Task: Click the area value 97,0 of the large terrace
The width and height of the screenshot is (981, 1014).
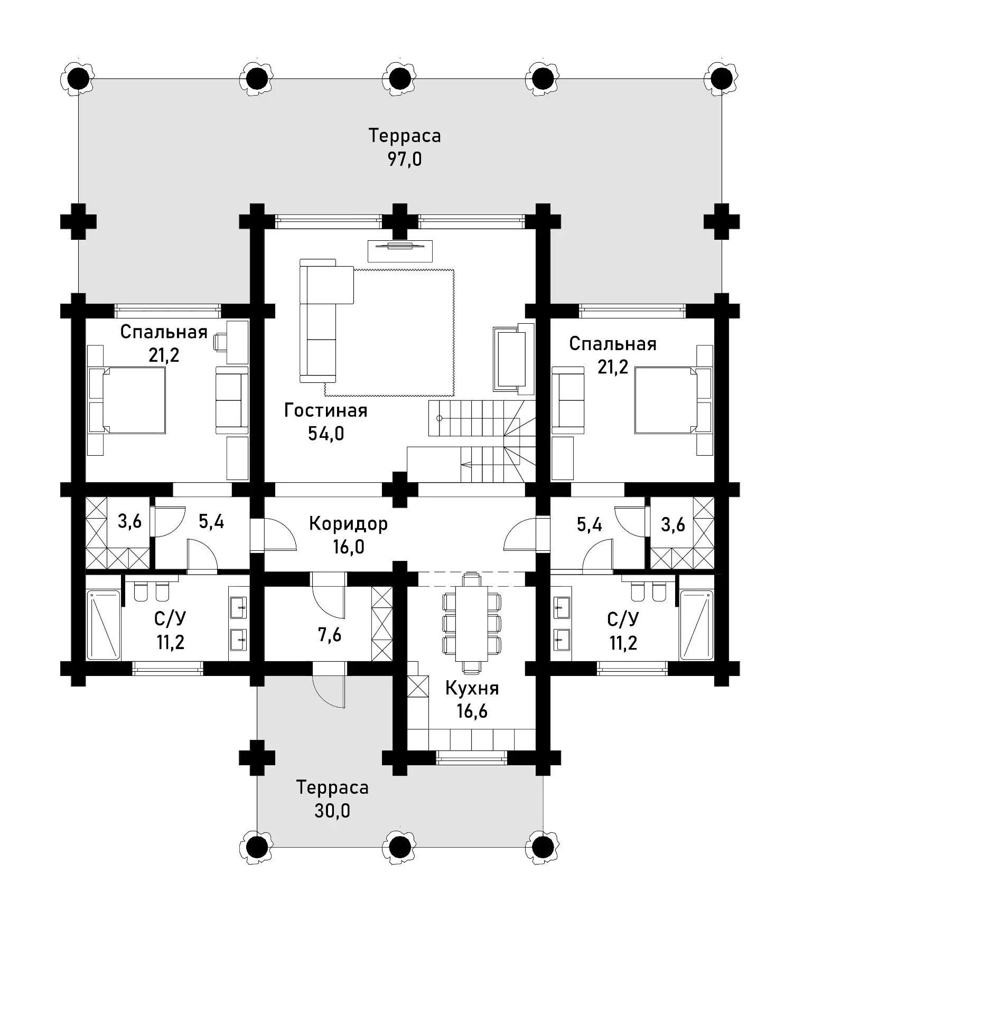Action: point(405,159)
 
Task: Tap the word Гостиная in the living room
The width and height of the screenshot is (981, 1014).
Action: point(325,410)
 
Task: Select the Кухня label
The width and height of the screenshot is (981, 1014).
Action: point(472,688)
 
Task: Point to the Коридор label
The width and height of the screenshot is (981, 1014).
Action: point(348,523)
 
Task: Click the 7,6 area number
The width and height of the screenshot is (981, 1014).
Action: point(329,635)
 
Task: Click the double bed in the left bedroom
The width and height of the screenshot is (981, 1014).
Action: point(127,400)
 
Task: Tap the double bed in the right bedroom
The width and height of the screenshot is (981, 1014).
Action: point(674,400)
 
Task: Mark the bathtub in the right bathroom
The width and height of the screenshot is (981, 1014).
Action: point(697,625)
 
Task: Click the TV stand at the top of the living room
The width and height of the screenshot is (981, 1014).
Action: point(400,250)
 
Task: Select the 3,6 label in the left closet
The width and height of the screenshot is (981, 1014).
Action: point(130,522)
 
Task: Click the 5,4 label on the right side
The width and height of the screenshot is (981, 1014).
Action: point(590,525)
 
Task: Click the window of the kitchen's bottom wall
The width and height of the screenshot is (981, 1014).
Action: point(471,759)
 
